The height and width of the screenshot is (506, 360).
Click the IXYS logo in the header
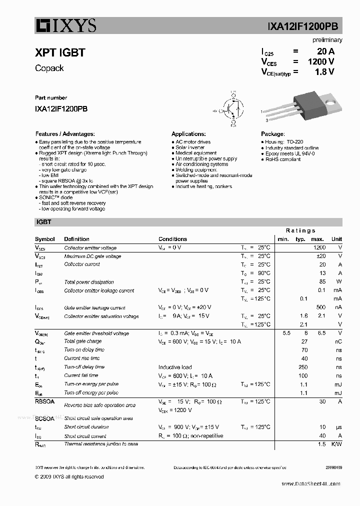point(65,25)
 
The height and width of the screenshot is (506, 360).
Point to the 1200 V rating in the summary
point(320,61)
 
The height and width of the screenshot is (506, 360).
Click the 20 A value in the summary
point(325,51)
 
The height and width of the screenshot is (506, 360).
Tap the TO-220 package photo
point(303,106)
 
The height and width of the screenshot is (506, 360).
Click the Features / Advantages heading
point(65,134)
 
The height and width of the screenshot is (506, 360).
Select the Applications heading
point(188,134)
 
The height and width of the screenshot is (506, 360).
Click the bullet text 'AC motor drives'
point(193,142)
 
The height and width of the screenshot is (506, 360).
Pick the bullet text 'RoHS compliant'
point(283,159)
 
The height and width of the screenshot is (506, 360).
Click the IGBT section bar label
point(43,221)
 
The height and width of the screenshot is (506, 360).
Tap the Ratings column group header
point(300,230)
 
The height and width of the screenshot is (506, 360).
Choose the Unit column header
point(336,239)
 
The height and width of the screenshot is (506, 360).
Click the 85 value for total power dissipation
point(322,282)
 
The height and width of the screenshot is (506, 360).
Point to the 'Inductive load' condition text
point(175,367)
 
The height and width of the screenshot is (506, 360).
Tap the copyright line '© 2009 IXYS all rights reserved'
point(69,476)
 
